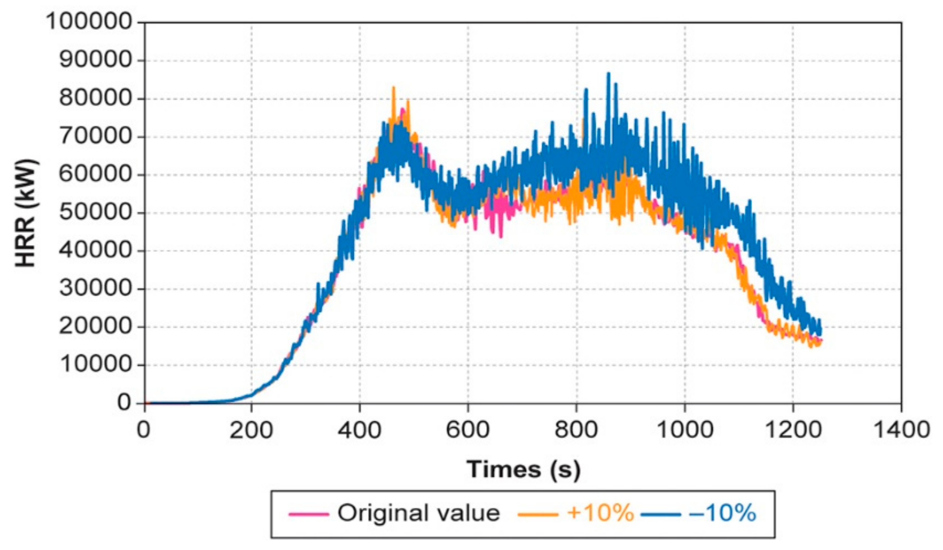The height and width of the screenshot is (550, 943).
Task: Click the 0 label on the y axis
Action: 125,403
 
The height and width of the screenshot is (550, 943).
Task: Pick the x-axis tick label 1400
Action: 901,430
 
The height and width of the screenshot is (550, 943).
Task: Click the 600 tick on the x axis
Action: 468,430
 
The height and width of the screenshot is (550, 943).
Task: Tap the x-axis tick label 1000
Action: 684,430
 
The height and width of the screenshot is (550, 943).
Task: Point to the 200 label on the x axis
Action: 251,430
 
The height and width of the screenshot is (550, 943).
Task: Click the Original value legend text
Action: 419,513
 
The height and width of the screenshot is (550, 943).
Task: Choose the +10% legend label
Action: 600,513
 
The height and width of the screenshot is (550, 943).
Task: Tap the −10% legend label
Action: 722,513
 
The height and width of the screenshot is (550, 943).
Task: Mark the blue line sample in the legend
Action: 660,515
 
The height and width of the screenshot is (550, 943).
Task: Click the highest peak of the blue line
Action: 608,73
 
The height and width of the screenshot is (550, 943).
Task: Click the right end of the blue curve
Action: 820,332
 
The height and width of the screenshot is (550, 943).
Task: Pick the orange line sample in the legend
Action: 538,515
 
